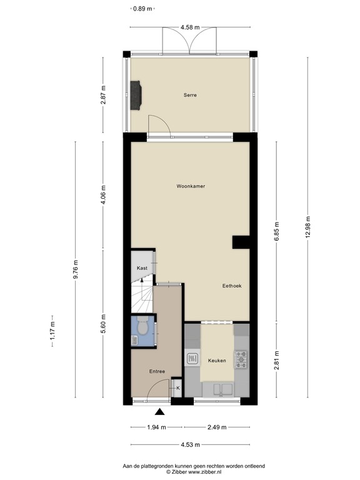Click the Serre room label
(190, 95)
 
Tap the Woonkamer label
(191, 186)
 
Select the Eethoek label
(232, 286)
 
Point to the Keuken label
(216, 361)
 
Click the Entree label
(157, 372)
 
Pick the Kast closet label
(142, 268)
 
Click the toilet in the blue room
(143, 327)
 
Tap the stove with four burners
(241, 359)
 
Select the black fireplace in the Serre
(136, 95)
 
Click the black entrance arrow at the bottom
(160, 412)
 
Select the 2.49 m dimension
(217, 427)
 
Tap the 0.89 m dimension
(143, 9)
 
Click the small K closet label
(177, 388)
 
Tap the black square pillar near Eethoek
(241, 243)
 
